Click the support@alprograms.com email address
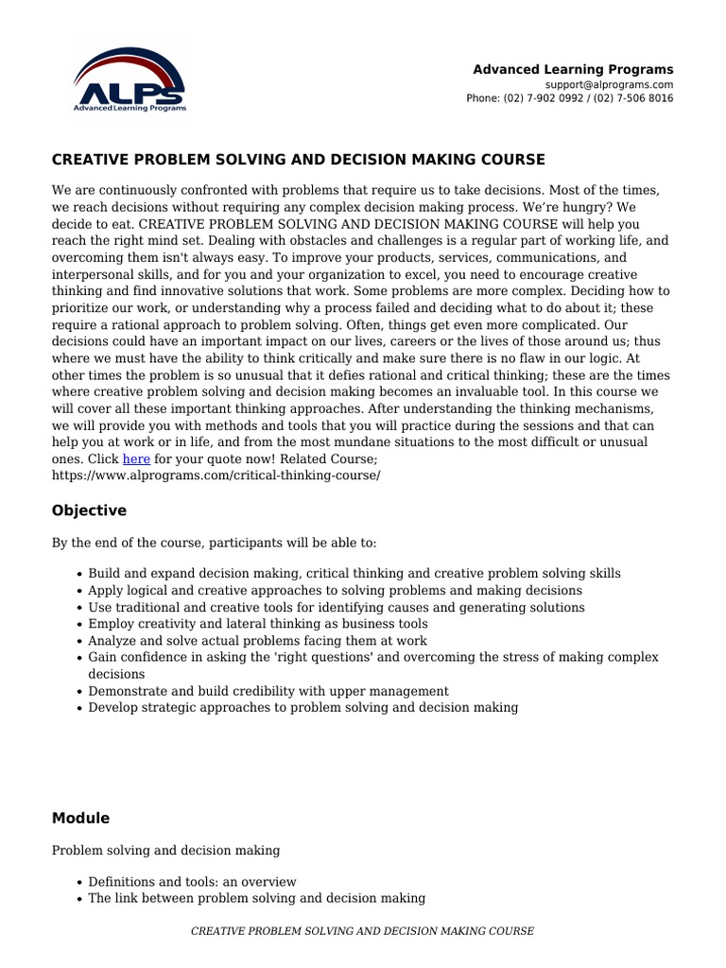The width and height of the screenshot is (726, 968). (x=616, y=84)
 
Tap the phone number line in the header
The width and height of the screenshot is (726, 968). (x=569, y=98)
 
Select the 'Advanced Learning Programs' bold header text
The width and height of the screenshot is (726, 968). (x=573, y=69)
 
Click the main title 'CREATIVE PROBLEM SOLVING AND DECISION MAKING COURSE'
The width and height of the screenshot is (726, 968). (x=298, y=159)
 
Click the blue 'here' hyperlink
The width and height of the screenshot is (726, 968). (x=136, y=459)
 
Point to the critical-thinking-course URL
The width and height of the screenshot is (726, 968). (x=216, y=475)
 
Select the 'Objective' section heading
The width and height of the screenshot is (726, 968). (x=89, y=510)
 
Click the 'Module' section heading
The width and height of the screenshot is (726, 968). (x=80, y=818)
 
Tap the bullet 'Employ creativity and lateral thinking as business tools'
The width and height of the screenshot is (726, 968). (x=257, y=624)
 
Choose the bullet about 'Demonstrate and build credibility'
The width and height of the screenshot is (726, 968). (x=268, y=691)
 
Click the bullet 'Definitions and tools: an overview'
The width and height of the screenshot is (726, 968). (x=192, y=882)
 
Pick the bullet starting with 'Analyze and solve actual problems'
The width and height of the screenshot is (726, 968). (x=257, y=641)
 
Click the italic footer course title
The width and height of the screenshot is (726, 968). (x=362, y=931)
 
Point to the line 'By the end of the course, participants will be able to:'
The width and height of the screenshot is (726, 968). (x=214, y=544)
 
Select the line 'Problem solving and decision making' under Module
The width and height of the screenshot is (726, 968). (x=165, y=851)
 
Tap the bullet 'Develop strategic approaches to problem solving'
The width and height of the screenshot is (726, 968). (x=302, y=707)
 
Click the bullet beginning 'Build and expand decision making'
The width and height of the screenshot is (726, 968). (x=354, y=574)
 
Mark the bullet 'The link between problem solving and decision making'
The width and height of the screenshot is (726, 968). (x=256, y=898)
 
